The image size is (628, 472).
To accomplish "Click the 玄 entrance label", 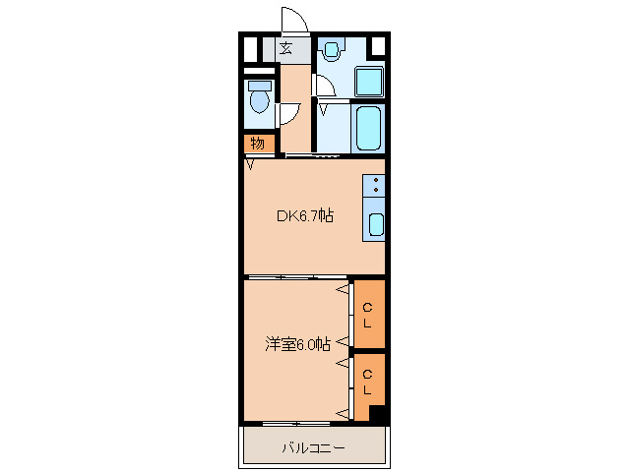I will click(286, 48).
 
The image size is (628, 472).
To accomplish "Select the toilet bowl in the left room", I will click(259, 99).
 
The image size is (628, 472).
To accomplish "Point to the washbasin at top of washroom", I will click(331, 48).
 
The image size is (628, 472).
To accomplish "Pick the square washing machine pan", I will click(369, 81).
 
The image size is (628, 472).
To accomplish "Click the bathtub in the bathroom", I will click(369, 128).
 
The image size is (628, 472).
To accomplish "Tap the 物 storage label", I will click(257, 144).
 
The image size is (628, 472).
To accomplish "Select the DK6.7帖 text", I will click(303, 215).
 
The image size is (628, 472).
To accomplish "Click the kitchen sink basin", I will click(376, 223).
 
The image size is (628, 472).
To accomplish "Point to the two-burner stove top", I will click(376, 185).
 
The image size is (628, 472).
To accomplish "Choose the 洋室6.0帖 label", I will click(296, 343).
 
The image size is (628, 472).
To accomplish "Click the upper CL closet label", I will click(367, 315).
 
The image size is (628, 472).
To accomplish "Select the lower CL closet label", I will click(367, 382).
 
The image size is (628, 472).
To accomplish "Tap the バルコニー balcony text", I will click(313, 448).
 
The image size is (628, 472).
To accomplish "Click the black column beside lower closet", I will click(376, 414).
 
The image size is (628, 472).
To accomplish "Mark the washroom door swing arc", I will click(327, 86).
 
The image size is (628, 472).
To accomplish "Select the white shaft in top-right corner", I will click(377, 46).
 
